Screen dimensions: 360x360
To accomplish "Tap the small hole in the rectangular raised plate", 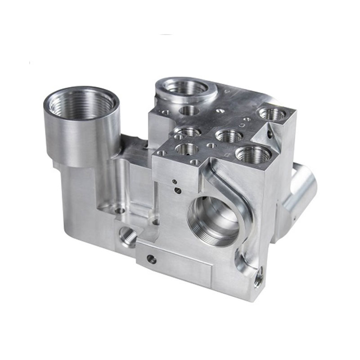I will point(152,259).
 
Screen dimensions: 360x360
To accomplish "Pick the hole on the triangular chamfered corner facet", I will point(269,133).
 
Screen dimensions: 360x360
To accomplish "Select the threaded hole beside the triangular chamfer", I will point(272,114).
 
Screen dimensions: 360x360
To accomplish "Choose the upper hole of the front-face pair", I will point(174,182).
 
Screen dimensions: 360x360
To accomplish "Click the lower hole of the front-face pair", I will point(178,191).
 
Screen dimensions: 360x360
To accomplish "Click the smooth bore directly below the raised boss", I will point(189,109).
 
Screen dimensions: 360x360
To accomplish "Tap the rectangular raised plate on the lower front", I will point(175,261).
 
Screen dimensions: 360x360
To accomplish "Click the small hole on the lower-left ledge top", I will point(120,210).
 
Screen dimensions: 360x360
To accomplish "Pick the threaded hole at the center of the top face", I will point(229,135).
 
